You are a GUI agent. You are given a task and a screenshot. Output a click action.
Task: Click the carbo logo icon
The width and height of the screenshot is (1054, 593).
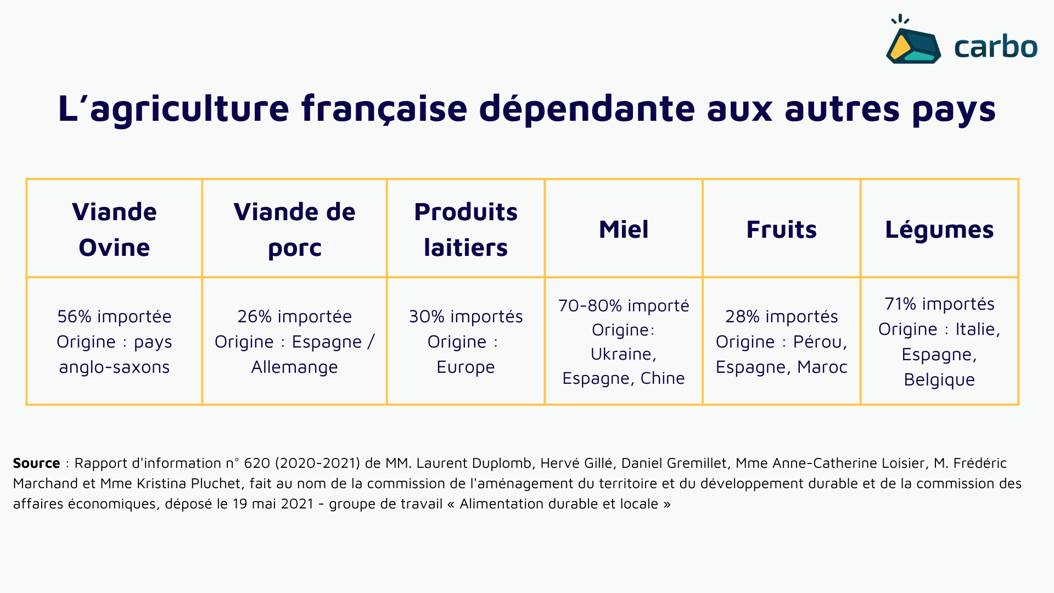(x=913, y=44)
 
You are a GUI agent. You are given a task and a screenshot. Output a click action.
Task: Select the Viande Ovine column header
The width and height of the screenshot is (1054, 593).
(x=114, y=229)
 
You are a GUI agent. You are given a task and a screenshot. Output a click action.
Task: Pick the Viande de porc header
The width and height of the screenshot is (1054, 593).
(x=294, y=229)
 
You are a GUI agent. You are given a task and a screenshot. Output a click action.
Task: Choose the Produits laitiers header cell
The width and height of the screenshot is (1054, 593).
(x=466, y=229)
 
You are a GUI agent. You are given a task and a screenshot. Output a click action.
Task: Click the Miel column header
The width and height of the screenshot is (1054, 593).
(x=624, y=229)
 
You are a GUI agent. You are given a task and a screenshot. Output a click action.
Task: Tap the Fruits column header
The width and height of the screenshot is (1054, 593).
(x=781, y=229)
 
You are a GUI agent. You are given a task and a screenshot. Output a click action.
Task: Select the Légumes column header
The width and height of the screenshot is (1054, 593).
(x=939, y=229)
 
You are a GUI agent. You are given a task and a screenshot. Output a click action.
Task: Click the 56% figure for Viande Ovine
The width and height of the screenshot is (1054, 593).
(x=74, y=317)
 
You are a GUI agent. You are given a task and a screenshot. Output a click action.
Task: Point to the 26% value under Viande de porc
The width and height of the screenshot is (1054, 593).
(x=254, y=317)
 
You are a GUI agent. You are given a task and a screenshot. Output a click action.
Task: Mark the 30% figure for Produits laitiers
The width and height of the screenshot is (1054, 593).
(x=427, y=317)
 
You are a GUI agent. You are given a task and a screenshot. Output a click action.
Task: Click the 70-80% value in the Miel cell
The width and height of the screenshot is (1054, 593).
(x=590, y=306)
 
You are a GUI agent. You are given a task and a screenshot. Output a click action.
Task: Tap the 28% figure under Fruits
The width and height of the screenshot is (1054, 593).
(x=742, y=317)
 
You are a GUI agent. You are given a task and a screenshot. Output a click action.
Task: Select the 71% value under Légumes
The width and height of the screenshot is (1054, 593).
(x=900, y=304)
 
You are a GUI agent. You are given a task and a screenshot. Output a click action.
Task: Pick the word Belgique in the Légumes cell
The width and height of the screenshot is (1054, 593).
(x=939, y=380)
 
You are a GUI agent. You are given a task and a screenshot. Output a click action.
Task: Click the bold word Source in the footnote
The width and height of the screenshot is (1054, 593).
(x=36, y=463)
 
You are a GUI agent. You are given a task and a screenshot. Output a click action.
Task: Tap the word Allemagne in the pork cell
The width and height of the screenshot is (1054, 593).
(x=294, y=367)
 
